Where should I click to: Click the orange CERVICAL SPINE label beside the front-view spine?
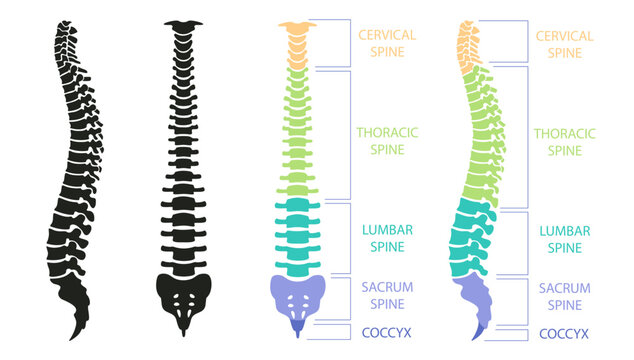[x=387, y=43]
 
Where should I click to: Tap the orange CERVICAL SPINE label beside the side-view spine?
[x=565, y=43]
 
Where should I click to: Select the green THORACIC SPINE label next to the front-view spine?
[x=387, y=140]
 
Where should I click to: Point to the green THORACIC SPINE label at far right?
[x=565, y=141]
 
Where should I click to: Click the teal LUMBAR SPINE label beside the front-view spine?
[x=387, y=239]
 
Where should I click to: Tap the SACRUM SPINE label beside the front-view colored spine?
[x=387, y=296]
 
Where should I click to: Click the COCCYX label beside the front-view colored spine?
[x=387, y=332]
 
